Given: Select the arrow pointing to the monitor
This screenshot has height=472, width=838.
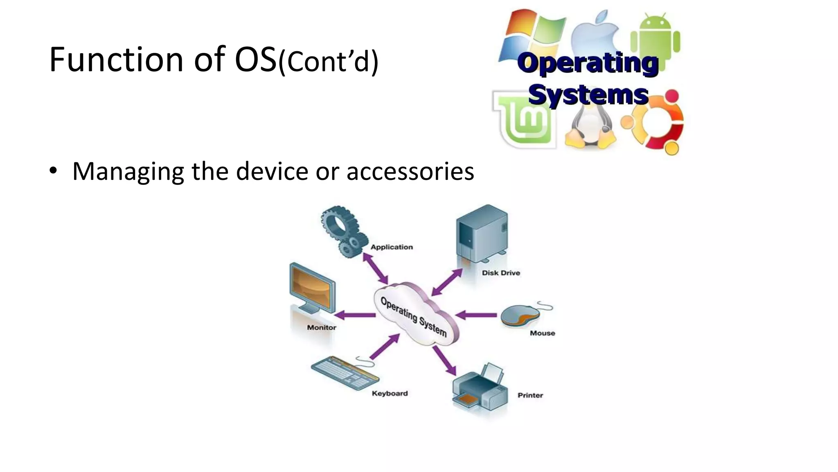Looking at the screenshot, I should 354,315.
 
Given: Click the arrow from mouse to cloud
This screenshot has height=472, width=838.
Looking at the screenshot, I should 476,315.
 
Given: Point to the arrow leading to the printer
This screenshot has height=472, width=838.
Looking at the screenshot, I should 445,361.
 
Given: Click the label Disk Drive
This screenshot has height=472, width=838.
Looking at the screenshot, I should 501,273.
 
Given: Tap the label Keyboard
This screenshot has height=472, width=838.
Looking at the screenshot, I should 390,393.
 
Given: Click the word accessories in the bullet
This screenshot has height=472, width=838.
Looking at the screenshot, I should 410,171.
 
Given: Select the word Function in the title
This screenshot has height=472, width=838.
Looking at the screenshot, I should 116,60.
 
